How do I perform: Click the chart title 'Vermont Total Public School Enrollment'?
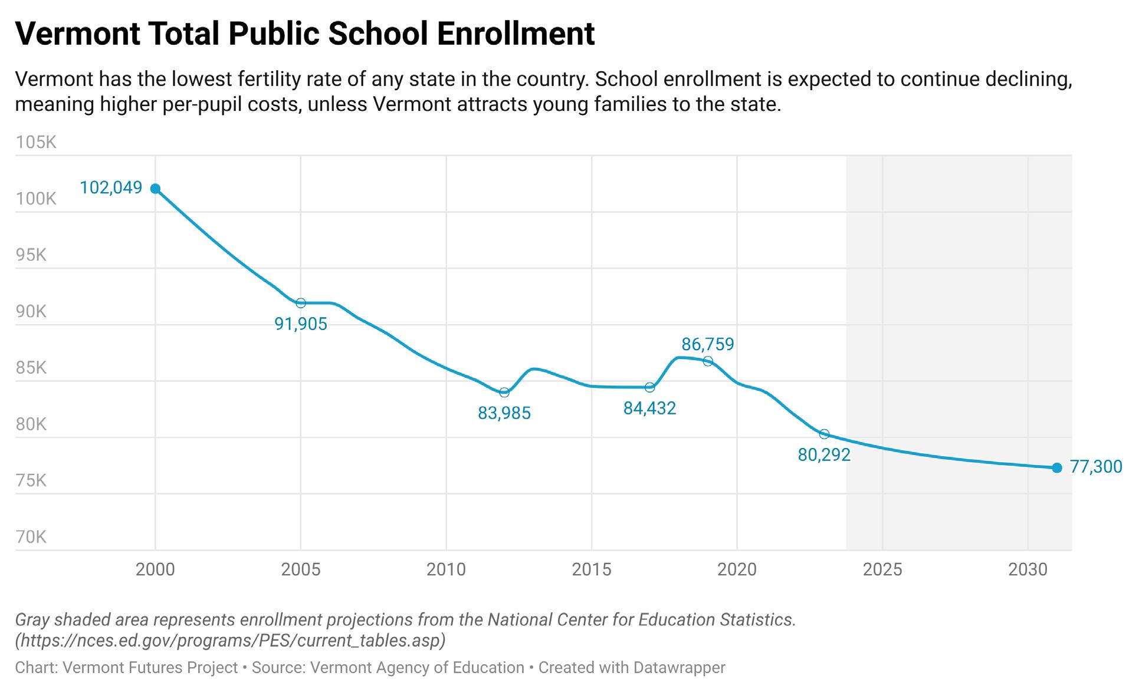tap(304, 33)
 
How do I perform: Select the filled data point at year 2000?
tap(155, 189)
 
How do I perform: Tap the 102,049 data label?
tap(111, 187)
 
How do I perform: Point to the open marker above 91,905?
tap(301, 303)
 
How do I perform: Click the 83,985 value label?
tap(504, 413)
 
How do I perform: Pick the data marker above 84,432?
tap(649, 387)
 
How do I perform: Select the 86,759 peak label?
tap(707, 344)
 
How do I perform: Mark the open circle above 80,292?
tap(824, 434)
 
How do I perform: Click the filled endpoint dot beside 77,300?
tap(1057, 467)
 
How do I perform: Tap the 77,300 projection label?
tap(1096, 467)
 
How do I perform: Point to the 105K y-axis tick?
tap(36, 143)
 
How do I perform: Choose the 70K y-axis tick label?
tap(31, 537)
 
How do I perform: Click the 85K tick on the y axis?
tap(31, 368)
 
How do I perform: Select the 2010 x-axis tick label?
tap(447, 569)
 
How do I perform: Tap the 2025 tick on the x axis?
tap(882, 569)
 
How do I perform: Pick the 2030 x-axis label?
tap(1028, 569)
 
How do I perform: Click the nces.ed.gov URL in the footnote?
tap(230, 640)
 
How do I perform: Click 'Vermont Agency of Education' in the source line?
tap(417, 668)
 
